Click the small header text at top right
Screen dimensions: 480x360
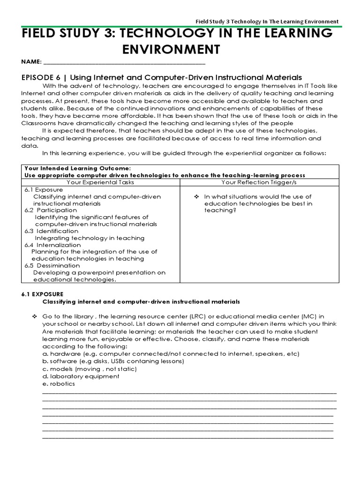pyautogui.click(x=267, y=22)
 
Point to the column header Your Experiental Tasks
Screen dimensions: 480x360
pyautogui.click(x=100, y=182)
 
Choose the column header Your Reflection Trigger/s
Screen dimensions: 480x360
pyautogui.click(x=259, y=182)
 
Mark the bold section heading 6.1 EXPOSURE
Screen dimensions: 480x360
pyautogui.click(x=42, y=293)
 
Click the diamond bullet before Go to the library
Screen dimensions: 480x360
pyautogui.click(x=35, y=316)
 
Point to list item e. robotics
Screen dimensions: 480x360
pyautogui.click(x=58, y=383)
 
